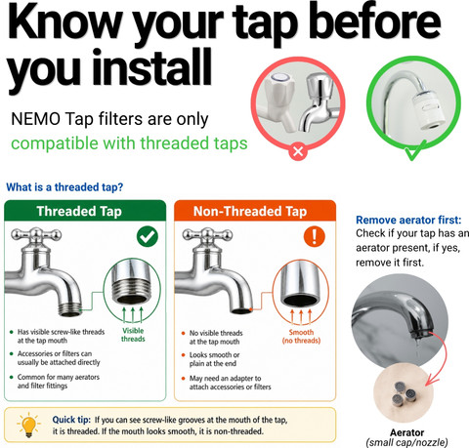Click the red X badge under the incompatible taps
298,151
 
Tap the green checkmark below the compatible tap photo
414,151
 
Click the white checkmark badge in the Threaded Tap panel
148,236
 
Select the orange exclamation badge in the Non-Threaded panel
315,236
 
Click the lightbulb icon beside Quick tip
28,425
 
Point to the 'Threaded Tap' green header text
79,211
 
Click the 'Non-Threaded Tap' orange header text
250,211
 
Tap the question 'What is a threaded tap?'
64,187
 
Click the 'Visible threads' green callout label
133,335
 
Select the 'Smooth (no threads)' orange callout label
301,337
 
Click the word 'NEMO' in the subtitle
35,119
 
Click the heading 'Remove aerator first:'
408,220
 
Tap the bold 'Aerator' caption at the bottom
407,432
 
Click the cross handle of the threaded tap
36,235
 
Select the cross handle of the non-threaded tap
207,235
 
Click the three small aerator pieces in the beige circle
404,393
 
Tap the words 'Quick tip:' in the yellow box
71,420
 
